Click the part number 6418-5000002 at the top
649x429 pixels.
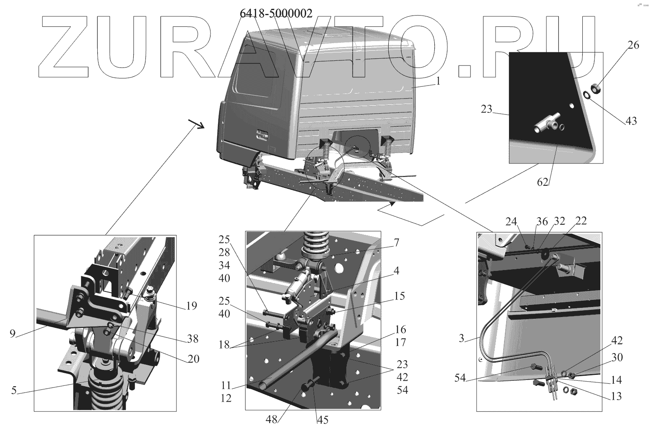[276, 13]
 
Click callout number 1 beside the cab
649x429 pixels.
[439, 81]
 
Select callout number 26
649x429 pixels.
[633, 45]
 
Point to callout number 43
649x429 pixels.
[631, 121]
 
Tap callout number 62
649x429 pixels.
[543, 183]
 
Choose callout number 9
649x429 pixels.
[13, 334]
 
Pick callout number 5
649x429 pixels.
[14, 391]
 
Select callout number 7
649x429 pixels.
[396, 243]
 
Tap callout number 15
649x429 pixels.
[400, 296]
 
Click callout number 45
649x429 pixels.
[322, 419]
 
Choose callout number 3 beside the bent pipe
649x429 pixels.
[461, 338]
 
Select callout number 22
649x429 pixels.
[581, 221]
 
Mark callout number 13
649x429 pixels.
[616, 395]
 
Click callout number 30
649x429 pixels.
[617, 358]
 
